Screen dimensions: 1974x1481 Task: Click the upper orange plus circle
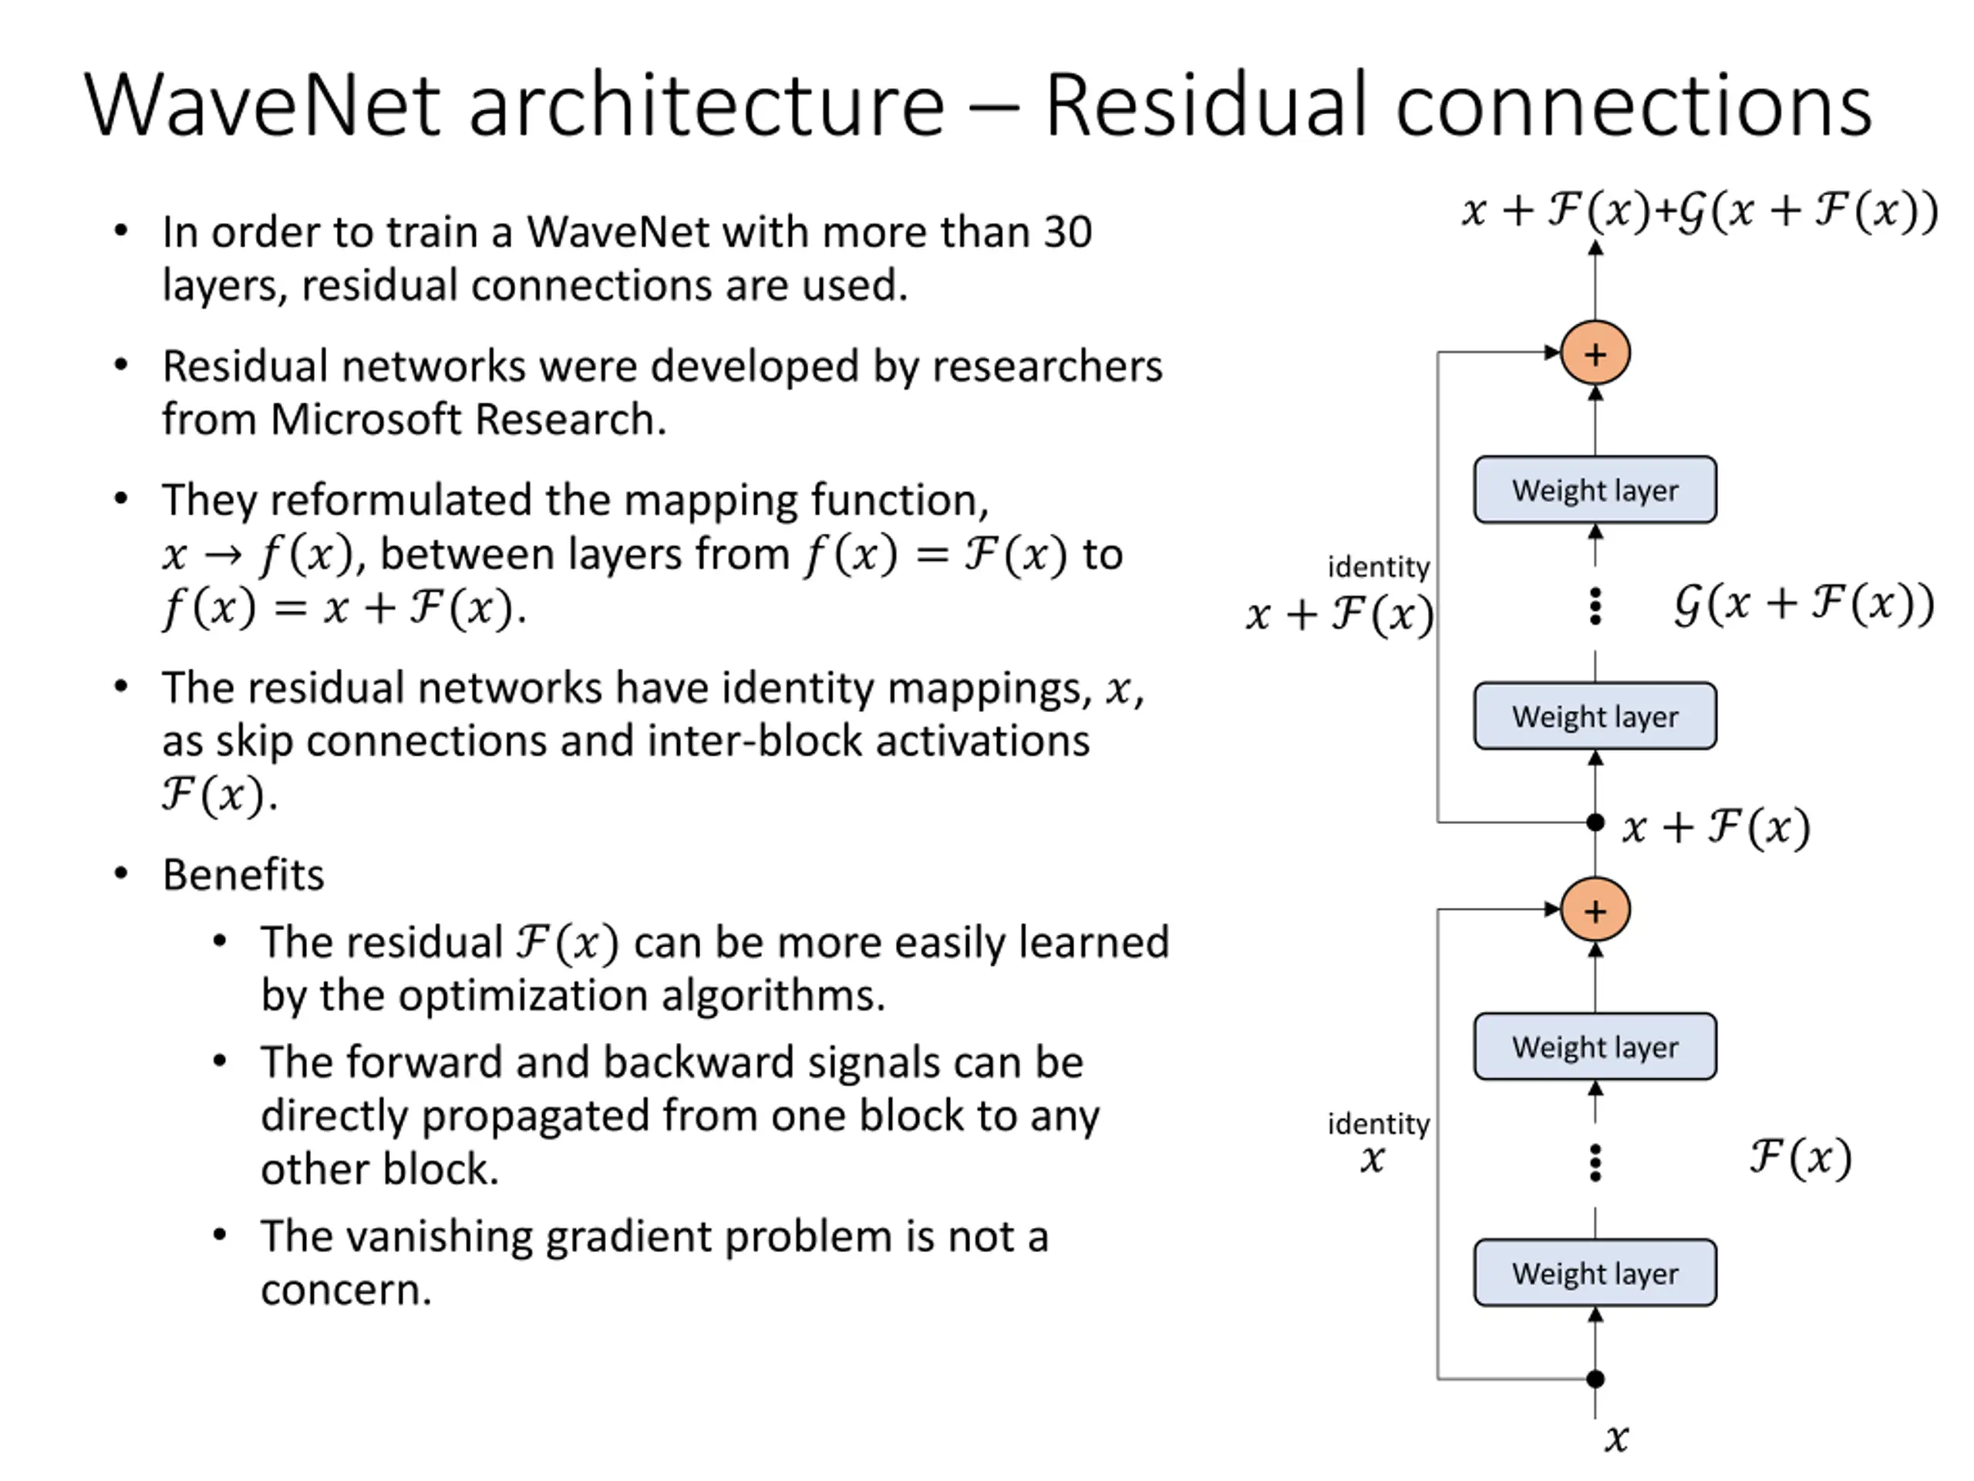pyautogui.click(x=1595, y=353)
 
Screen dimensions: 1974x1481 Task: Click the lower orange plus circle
pyautogui.click(x=1595, y=910)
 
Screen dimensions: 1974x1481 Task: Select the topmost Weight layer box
pyautogui.click(x=1595, y=490)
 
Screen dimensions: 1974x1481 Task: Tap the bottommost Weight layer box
pyautogui.click(x=1595, y=1273)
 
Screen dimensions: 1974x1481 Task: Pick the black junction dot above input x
pyautogui.click(x=1595, y=1379)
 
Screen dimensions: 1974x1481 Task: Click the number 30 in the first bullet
pyautogui.click(x=1067, y=232)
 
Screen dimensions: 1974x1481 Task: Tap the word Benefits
pyautogui.click(x=244, y=875)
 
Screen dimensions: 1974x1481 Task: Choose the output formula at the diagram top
pyautogui.click(x=1700, y=211)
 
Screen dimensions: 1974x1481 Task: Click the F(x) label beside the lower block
pyautogui.click(x=1801, y=1158)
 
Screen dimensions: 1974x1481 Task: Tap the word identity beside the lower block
pyautogui.click(x=1379, y=1124)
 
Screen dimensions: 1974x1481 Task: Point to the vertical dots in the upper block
pyautogui.click(x=1595, y=607)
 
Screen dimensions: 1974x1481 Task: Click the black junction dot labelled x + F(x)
pyautogui.click(x=1595, y=822)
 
